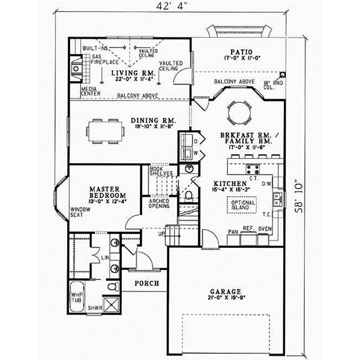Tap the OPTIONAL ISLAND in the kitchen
click(241, 205)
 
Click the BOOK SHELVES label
click(161, 171)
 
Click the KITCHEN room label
click(230, 182)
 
